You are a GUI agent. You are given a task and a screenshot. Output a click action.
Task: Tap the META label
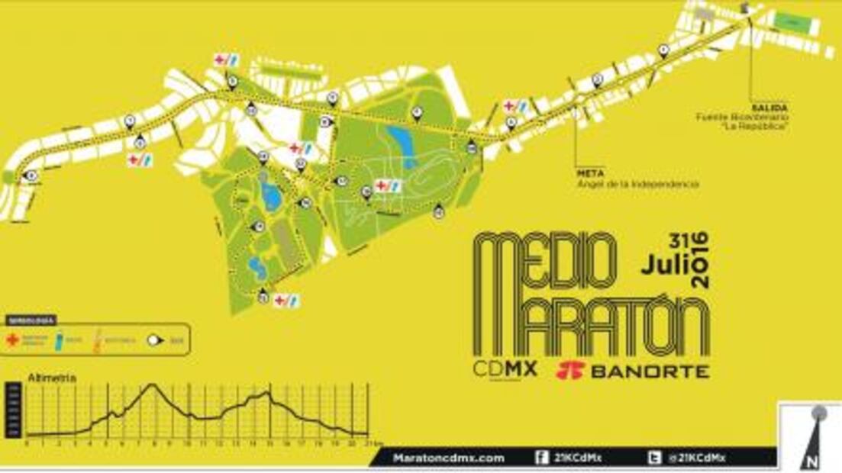[586, 174]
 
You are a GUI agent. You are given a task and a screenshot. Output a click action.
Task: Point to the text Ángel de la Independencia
[637, 184]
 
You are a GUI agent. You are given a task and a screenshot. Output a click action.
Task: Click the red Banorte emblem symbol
[569, 371]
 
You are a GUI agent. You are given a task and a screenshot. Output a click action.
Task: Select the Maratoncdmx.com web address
[448, 458]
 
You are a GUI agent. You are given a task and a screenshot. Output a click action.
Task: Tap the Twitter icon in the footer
[655, 458]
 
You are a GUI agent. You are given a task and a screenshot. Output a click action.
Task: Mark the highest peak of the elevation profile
[153, 385]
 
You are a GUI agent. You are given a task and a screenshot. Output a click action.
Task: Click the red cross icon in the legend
[12, 340]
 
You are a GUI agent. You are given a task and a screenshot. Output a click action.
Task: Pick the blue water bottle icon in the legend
[60, 340]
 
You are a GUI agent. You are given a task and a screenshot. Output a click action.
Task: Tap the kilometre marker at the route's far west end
[31, 175]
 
